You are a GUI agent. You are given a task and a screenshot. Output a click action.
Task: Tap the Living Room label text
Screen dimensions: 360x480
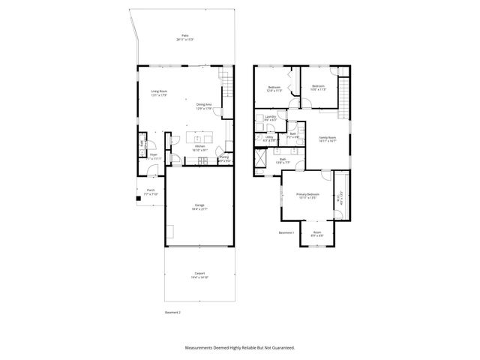tap(158, 92)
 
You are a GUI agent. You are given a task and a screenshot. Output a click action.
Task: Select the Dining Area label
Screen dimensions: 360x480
tap(204, 106)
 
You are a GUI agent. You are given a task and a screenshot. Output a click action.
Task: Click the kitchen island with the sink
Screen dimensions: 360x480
tap(201, 139)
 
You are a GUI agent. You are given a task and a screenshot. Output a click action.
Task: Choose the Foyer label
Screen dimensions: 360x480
tap(152, 156)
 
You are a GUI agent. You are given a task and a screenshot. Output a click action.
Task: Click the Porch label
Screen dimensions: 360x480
tap(150, 191)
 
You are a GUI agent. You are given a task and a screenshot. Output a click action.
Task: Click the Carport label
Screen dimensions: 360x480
tap(199, 274)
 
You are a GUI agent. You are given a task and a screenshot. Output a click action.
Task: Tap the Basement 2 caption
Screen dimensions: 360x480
tap(172, 311)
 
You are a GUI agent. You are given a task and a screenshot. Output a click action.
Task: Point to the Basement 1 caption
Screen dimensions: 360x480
tap(286, 232)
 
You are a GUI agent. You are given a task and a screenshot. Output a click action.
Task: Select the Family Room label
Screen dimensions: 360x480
tap(328, 138)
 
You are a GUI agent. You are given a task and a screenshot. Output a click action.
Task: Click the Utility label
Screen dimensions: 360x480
tap(269, 138)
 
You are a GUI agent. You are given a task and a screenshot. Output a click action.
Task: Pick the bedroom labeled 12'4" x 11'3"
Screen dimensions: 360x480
tap(274, 88)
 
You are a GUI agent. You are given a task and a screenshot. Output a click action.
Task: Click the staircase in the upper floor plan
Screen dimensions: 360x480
tap(344, 97)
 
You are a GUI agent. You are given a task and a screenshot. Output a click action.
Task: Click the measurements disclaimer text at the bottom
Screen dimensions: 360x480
tap(240, 348)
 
